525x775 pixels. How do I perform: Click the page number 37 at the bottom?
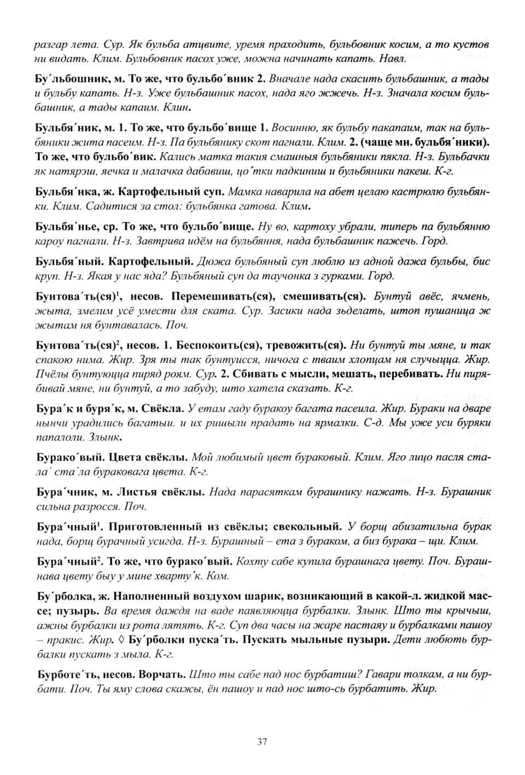[x=262, y=742]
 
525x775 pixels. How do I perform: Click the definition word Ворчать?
[x=162, y=674]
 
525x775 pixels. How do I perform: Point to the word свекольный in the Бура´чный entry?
[x=307, y=527]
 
